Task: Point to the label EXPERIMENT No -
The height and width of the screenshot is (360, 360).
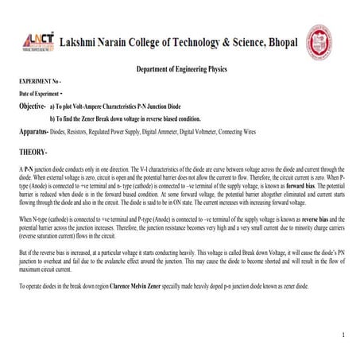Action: [x=40, y=83]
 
